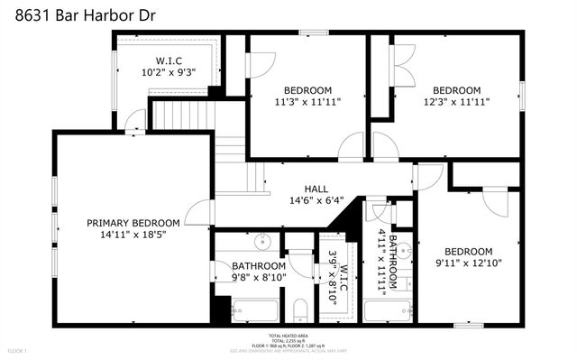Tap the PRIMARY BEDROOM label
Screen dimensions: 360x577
(x=133, y=223)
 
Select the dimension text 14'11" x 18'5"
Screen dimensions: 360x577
(x=133, y=235)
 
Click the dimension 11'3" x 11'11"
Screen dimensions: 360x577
(x=307, y=103)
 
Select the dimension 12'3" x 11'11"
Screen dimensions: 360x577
(x=456, y=103)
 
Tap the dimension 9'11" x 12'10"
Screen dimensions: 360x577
(x=468, y=264)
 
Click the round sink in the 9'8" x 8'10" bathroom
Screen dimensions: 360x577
(x=263, y=242)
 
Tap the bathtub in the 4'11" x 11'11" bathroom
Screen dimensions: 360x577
(x=388, y=312)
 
